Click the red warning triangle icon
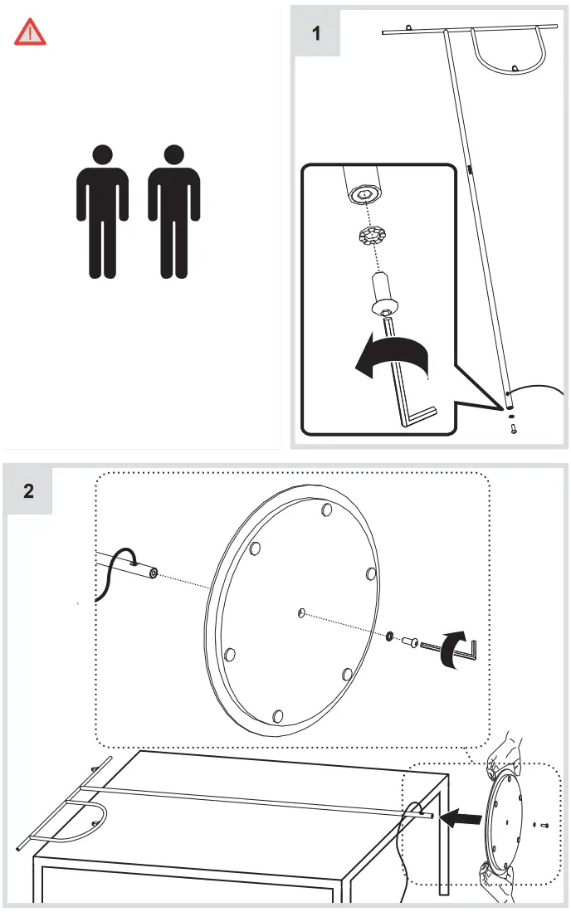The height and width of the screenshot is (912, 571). pos(31,32)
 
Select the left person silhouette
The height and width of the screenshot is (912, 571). pos(102,212)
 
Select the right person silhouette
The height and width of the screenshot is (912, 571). pos(173,212)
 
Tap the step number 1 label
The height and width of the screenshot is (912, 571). pos(316,34)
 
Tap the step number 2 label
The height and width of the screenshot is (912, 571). pos(29,490)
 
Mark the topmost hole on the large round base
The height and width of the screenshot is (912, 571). pos(327,509)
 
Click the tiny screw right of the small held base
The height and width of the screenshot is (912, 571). pos(544,825)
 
